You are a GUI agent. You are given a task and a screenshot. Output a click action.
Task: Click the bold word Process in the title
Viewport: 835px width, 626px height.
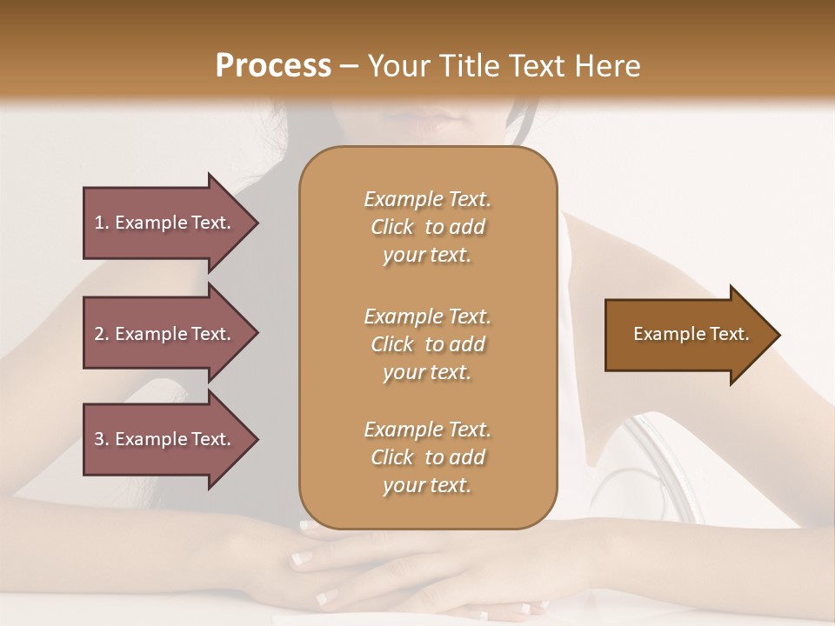273,66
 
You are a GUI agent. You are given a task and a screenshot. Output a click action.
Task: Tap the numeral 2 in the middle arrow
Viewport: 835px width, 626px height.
99,334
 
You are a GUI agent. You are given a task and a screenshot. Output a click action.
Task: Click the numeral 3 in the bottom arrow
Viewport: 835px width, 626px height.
99,439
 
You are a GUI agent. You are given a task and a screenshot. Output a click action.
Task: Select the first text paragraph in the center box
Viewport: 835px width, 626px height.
427,227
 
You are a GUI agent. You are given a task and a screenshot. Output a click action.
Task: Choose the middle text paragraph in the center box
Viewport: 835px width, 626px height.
427,344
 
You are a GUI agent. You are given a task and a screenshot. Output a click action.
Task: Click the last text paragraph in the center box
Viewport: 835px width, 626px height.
427,457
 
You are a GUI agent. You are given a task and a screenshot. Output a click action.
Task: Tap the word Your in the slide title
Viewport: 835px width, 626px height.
399,66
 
